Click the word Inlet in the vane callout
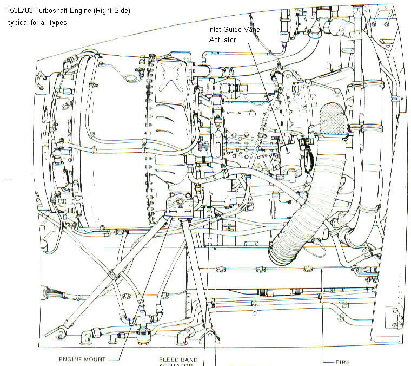pos(216,30)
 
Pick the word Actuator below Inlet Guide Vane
pos(223,40)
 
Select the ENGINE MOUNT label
pos(83,359)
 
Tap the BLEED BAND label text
pos(178,359)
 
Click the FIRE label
pos(342,362)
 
